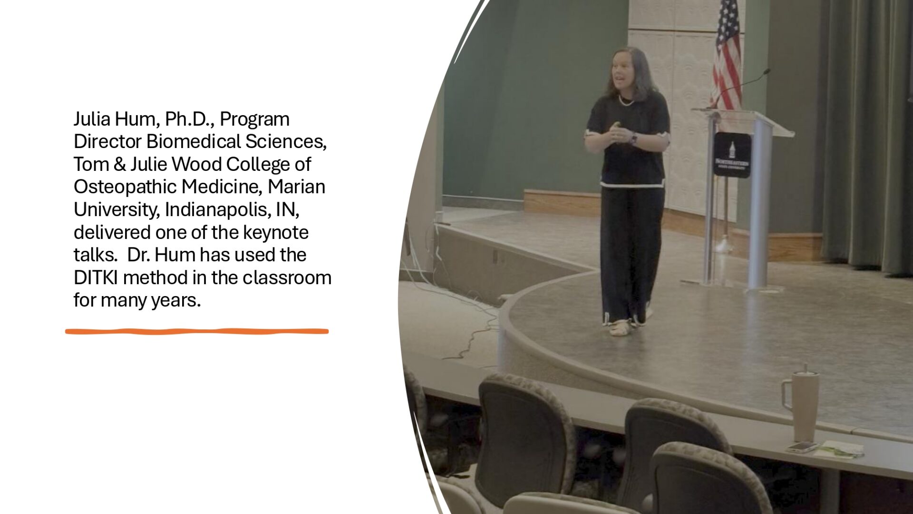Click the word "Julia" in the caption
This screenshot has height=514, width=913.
(90, 119)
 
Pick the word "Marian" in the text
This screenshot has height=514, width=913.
(297, 187)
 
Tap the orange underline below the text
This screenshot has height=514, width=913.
(197, 331)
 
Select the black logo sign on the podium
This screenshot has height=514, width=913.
(732, 155)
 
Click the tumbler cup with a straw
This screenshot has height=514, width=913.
(802, 405)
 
